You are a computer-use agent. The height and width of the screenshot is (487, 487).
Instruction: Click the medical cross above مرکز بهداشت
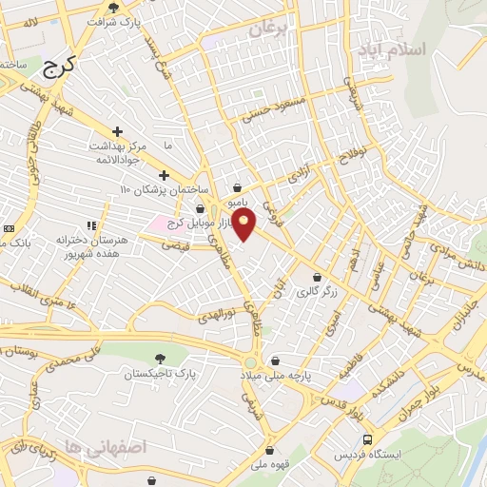117,131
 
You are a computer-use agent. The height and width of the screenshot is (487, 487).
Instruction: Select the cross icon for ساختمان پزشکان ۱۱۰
165,175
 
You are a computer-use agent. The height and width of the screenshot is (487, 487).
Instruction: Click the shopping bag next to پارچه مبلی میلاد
275,361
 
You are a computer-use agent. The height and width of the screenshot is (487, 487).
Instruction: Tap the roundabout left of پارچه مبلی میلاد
249,362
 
